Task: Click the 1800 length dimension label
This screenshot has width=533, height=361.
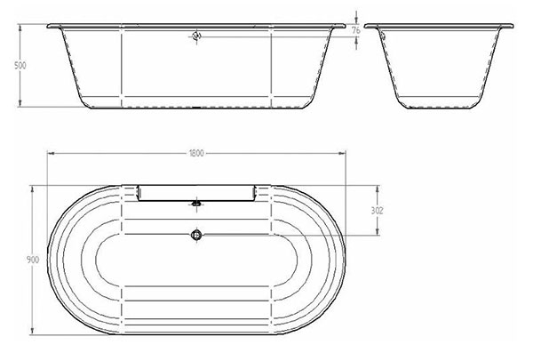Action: point(196,154)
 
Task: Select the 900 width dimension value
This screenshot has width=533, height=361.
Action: point(33,260)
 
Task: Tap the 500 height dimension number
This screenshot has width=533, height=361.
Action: point(20,65)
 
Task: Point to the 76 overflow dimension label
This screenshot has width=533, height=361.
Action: point(356,30)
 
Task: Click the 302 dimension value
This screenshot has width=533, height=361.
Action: point(377,211)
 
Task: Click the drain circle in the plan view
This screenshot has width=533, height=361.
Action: point(196,235)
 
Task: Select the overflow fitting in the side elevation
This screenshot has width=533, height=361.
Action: point(197,36)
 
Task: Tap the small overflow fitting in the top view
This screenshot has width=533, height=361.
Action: point(196,204)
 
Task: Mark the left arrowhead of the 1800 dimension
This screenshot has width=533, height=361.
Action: point(51,154)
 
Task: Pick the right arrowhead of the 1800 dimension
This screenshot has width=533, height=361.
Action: point(342,154)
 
